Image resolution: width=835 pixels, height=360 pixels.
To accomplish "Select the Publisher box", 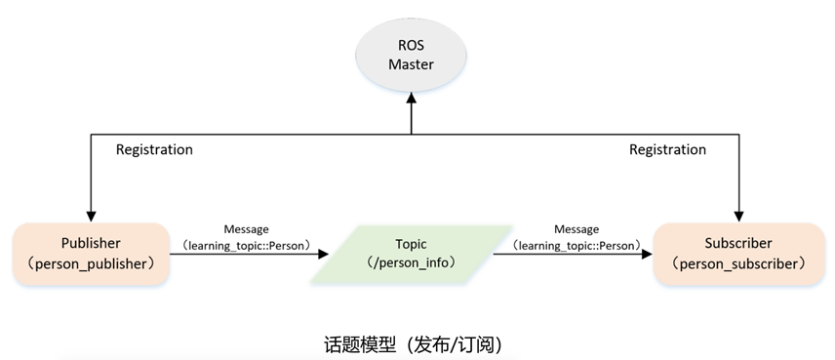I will [x=91, y=254].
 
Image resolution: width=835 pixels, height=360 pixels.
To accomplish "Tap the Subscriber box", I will [x=738, y=254].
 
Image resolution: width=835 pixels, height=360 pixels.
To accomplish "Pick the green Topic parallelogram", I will [x=411, y=254].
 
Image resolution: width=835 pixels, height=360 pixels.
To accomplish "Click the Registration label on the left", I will [x=154, y=150].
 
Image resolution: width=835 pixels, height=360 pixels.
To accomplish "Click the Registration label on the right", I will [x=667, y=150].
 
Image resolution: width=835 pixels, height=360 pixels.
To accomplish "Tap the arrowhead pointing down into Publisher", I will [x=91, y=216].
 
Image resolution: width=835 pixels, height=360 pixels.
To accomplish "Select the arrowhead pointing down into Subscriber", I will [x=739, y=216].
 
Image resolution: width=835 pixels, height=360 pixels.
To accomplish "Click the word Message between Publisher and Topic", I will [x=246, y=228].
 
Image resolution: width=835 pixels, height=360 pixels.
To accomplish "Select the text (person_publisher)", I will [x=91, y=264].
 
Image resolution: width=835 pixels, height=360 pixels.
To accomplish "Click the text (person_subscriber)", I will [x=738, y=264].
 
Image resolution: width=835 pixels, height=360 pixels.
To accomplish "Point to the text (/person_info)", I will [x=411, y=263].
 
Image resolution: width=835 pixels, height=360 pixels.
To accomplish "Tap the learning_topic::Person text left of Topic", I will [x=246, y=244].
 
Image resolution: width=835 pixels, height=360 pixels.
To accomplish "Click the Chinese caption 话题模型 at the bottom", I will [x=365, y=344].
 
